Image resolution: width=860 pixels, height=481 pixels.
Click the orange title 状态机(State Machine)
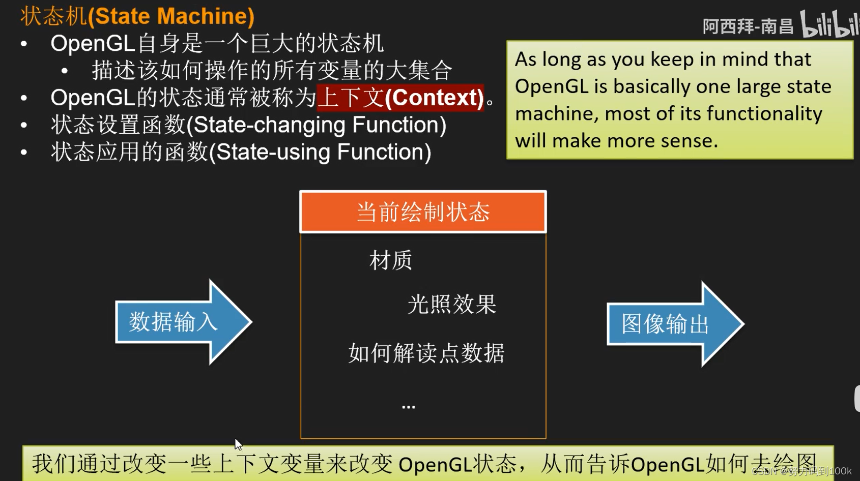pyautogui.click(x=137, y=16)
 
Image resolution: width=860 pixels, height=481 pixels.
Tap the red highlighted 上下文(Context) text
pyautogui.click(x=400, y=98)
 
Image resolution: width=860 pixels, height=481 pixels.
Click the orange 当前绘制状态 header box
pyautogui.click(x=423, y=212)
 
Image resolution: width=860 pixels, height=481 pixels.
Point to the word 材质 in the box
pyautogui.click(x=391, y=260)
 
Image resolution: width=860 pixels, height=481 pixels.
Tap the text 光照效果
pyautogui.click(x=452, y=305)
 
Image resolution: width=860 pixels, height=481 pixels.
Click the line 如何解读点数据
pyautogui.click(x=426, y=353)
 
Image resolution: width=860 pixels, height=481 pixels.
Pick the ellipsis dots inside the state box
pyautogui.click(x=408, y=406)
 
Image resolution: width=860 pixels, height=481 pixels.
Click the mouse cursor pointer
pyautogui.click(x=238, y=444)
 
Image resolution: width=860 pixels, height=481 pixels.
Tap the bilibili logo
pyautogui.click(x=829, y=24)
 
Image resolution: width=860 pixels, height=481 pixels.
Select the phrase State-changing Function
pyautogui.click(x=316, y=125)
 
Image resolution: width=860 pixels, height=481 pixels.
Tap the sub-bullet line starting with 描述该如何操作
pyautogui.click(x=272, y=70)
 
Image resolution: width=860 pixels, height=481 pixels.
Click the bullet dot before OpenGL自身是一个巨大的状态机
pyautogui.click(x=24, y=44)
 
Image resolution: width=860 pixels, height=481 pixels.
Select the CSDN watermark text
pyautogui.click(x=801, y=471)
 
